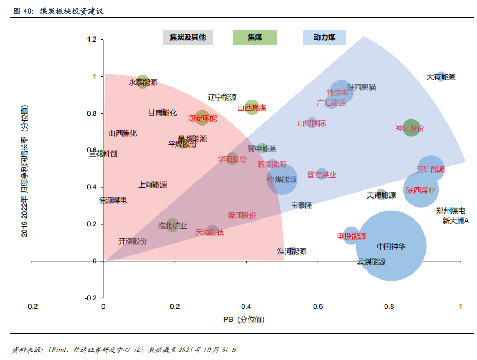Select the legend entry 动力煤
click(324, 37)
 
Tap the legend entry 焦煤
click(255, 37)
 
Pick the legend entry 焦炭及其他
click(188, 37)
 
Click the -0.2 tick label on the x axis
click(32, 306)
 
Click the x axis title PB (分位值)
click(244, 320)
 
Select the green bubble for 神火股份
click(411, 128)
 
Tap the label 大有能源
click(441, 77)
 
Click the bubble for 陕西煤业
click(421, 190)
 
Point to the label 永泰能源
click(143, 83)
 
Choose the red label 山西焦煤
click(252, 107)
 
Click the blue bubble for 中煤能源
click(282, 180)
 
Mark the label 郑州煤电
click(450, 211)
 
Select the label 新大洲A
click(456, 221)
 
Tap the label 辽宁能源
click(222, 97)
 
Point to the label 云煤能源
click(371, 262)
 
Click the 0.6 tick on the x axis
click(318, 306)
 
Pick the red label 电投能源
click(351, 236)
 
